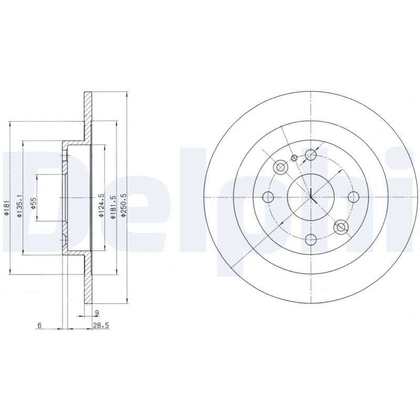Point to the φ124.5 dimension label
click(x=101, y=205)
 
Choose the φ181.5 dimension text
click(x=113, y=207)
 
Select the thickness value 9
click(x=97, y=312)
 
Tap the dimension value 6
click(x=39, y=325)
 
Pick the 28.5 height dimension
click(x=101, y=325)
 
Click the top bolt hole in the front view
click(x=311, y=155)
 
